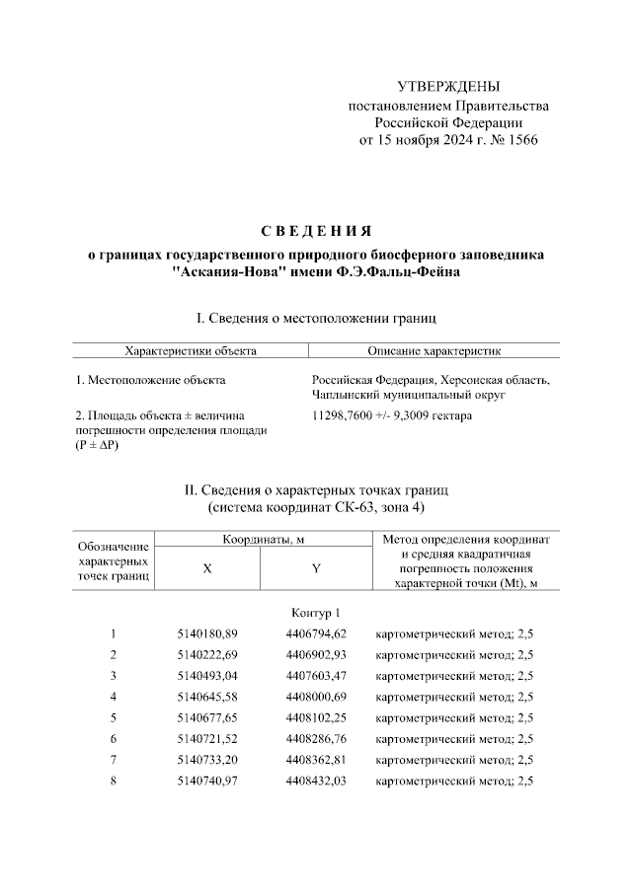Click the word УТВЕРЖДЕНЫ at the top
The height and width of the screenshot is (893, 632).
coord(447,87)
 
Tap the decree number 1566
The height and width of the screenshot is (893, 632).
coord(522,140)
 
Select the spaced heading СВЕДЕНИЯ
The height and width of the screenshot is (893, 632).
coord(315,232)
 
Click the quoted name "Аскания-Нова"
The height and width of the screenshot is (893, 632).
coord(226,270)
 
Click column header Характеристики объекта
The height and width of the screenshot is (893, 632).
coord(190,350)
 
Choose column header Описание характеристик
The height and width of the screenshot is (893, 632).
coord(434,350)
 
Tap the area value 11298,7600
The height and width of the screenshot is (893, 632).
coord(345,415)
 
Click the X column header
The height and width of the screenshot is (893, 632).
coord(206,568)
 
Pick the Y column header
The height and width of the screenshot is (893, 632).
coord(315,568)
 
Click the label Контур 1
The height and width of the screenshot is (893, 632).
coord(315,613)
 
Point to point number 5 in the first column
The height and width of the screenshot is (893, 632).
coord(114,717)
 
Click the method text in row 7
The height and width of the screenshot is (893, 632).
coord(455,760)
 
